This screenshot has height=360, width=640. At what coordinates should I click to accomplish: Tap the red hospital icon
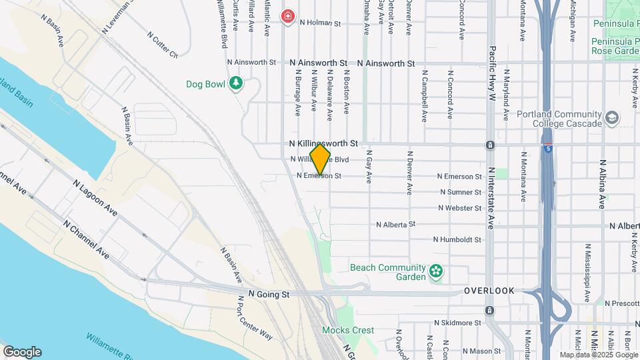[288, 15]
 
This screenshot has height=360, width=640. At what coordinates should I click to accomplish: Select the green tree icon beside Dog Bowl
[235, 83]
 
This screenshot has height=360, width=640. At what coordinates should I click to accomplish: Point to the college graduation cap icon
[611, 118]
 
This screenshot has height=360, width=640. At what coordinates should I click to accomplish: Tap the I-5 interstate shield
[547, 145]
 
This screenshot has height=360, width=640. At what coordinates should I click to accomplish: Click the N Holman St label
[320, 23]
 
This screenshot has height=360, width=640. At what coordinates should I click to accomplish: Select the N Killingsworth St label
[323, 143]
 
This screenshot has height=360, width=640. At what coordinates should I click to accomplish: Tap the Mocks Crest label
[347, 330]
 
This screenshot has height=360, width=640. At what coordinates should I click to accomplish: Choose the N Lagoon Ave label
[95, 198]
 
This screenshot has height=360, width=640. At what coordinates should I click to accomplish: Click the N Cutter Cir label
[163, 44]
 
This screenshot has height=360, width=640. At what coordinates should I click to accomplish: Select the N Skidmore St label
[457, 323]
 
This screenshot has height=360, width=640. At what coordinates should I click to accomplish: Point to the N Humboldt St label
[457, 239]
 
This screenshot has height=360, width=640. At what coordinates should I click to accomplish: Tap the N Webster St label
[459, 208]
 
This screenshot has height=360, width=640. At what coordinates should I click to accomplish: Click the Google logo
[21, 352]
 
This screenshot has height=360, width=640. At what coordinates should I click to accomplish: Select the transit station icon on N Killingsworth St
[490, 145]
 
